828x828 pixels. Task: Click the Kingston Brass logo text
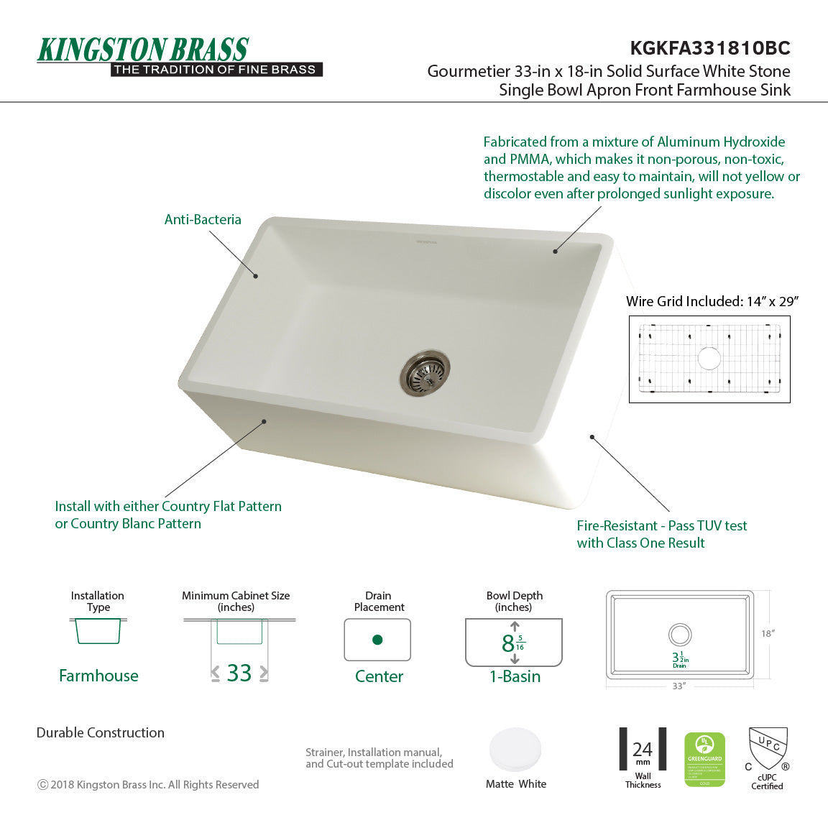click(143, 50)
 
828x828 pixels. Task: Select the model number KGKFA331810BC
click(709, 48)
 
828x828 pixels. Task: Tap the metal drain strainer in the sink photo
click(425, 371)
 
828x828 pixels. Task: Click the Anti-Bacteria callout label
click(203, 220)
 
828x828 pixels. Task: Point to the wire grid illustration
click(709, 359)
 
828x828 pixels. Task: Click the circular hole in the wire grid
click(709, 358)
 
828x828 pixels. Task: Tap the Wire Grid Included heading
click(712, 302)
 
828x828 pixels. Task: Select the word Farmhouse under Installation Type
click(98, 676)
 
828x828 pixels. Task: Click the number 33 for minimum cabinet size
click(239, 673)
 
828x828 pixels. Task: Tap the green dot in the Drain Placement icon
click(377, 640)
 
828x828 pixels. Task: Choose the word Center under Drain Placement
click(379, 676)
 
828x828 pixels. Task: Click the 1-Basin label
click(515, 676)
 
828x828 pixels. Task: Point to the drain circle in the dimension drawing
click(679, 635)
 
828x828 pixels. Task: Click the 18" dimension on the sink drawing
click(768, 634)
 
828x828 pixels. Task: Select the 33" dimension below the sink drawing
click(678, 686)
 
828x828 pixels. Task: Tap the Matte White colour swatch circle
click(515, 750)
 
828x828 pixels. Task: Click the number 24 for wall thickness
click(643, 750)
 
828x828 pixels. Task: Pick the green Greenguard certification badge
click(704, 759)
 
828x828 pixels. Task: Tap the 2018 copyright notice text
click(148, 785)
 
